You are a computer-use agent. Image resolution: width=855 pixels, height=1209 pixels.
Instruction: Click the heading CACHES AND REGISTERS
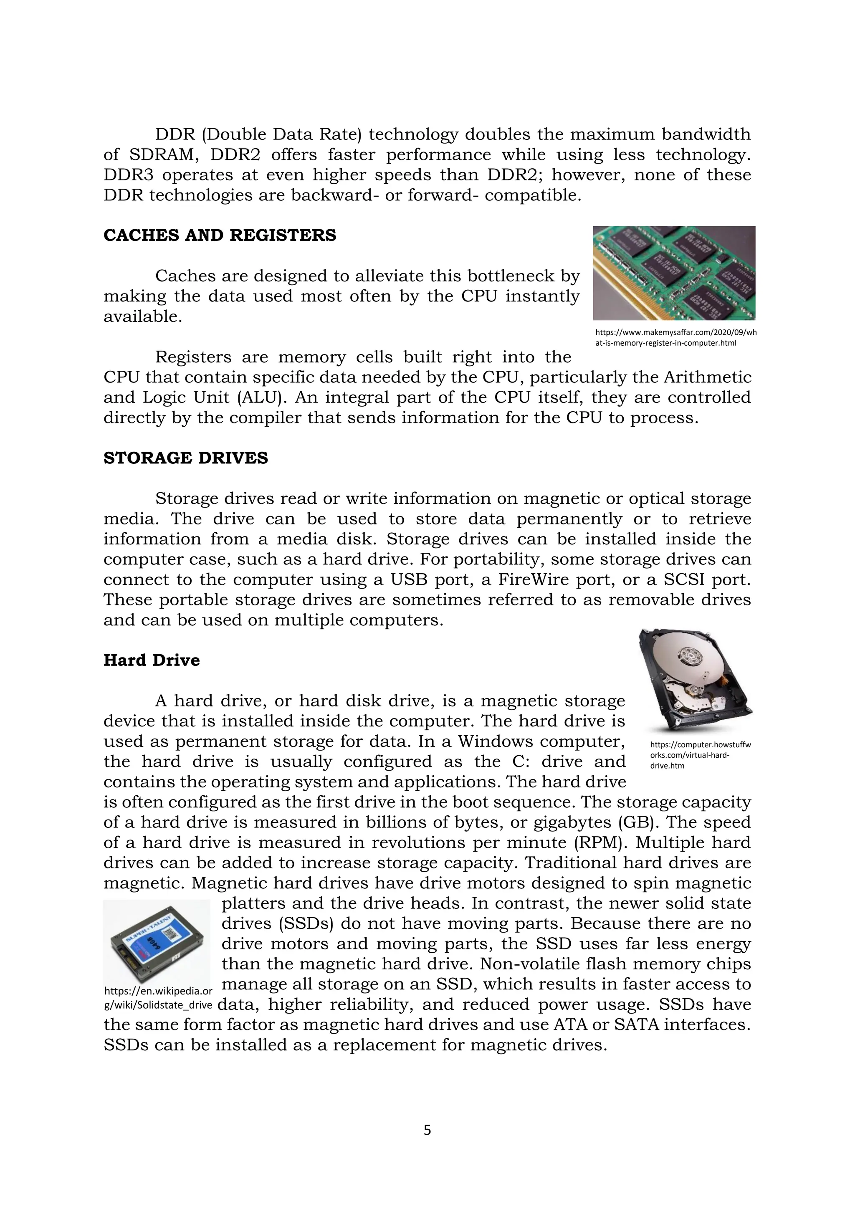(220, 235)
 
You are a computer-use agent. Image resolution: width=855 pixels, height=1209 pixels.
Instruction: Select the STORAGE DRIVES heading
(185, 458)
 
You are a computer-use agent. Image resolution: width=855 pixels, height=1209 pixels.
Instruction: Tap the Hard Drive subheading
(152, 660)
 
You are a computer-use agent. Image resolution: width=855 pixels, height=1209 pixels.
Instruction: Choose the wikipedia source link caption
(158, 998)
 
